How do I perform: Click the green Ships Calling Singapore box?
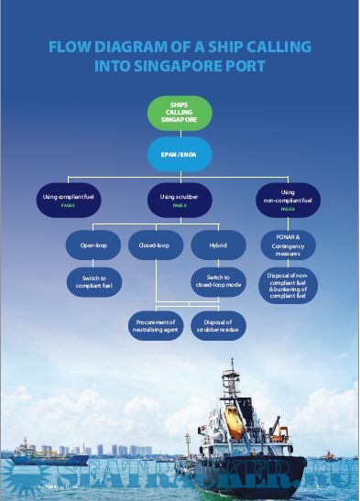(180, 113)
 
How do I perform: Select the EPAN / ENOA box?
(180, 153)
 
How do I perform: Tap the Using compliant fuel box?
(68, 200)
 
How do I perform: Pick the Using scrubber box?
(180, 200)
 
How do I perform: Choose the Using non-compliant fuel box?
(288, 198)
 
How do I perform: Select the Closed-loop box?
(153, 246)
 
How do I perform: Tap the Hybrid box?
(218, 246)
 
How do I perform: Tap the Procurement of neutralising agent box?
(153, 325)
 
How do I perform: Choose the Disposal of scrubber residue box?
(218, 325)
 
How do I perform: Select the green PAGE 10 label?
(288, 210)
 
